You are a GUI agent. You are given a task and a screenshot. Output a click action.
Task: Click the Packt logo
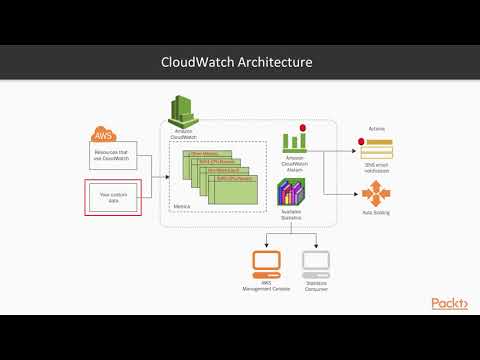point(450,303)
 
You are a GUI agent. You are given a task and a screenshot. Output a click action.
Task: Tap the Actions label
point(377,127)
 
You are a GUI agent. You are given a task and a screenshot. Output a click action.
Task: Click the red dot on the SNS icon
point(361,142)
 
